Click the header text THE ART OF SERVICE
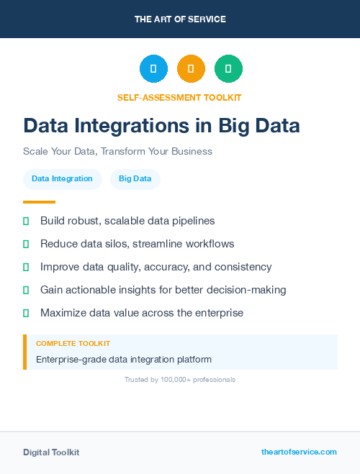(180, 19)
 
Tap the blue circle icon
(153, 69)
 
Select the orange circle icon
(191, 69)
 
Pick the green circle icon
(228, 69)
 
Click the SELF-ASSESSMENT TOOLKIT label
(179, 97)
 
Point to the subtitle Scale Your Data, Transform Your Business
(117, 152)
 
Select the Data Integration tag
(62, 179)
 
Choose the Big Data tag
(135, 179)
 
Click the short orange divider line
(39, 202)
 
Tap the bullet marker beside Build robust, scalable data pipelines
(26, 221)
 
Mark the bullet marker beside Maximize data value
(26, 313)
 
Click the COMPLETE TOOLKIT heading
(73, 344)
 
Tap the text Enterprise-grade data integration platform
(124, 359)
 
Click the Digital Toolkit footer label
(51, 452)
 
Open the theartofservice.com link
(299, 452)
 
